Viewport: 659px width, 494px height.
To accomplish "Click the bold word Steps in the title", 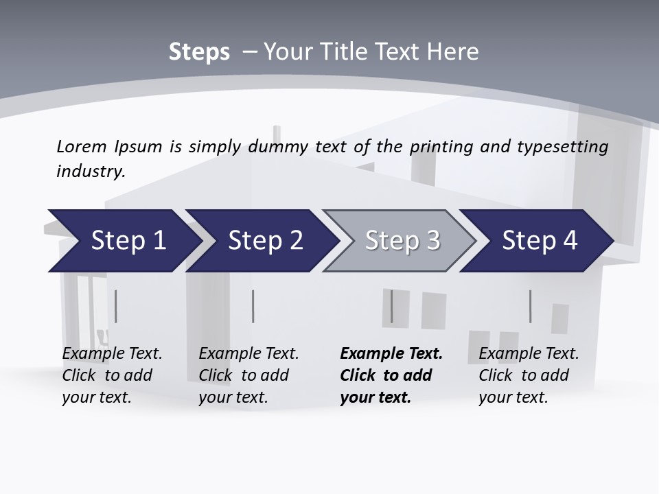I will click(x=199, y=52).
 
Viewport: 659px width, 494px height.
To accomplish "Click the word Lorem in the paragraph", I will click(x=82, y=146).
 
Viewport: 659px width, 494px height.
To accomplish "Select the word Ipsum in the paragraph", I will click(x=138, y=146).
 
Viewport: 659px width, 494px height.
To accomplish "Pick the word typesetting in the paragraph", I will click(x=562, y=146).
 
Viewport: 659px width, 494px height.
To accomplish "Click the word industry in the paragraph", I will click(x=91, y=171).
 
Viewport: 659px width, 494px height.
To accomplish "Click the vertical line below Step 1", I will click(x=115, y=306).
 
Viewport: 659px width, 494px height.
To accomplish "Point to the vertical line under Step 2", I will click(x=253, y=306).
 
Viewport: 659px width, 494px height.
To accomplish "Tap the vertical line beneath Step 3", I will click(x=392, y=306).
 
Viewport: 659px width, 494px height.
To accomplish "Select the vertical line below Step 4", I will click(x=530, y=306).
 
